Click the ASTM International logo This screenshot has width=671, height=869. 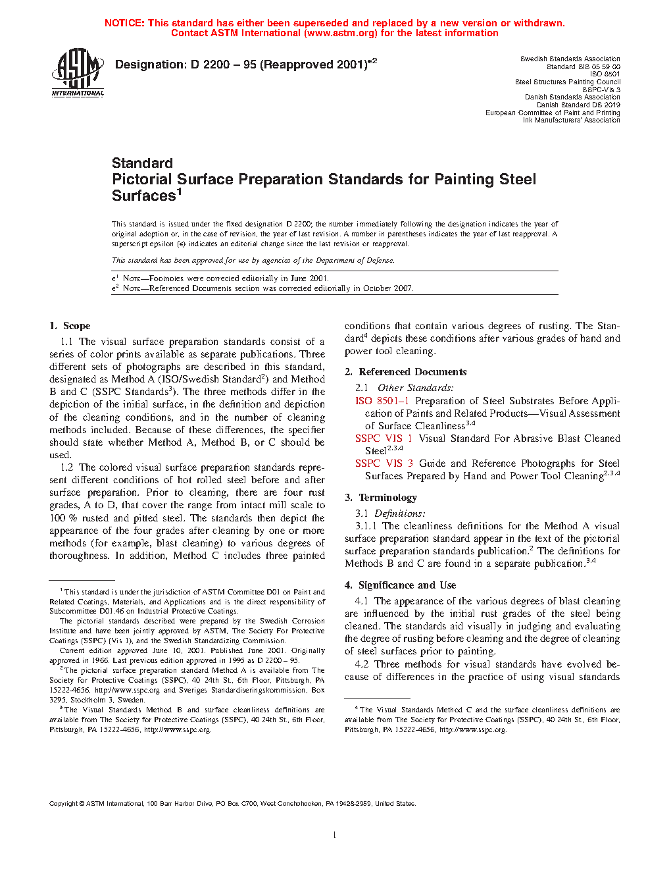78,72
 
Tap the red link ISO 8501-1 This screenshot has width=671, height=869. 382,401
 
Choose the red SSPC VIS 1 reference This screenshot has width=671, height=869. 384,438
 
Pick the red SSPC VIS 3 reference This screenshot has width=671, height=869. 384,463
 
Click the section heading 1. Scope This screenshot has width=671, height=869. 70,326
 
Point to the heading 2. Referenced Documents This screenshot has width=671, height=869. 406,372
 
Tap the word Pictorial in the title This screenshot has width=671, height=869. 142,180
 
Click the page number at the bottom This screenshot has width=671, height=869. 335,835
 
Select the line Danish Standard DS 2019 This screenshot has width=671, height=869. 578,105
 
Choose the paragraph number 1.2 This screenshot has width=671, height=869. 66,467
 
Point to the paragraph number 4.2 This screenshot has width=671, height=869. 361,664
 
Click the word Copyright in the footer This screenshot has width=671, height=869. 64,803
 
